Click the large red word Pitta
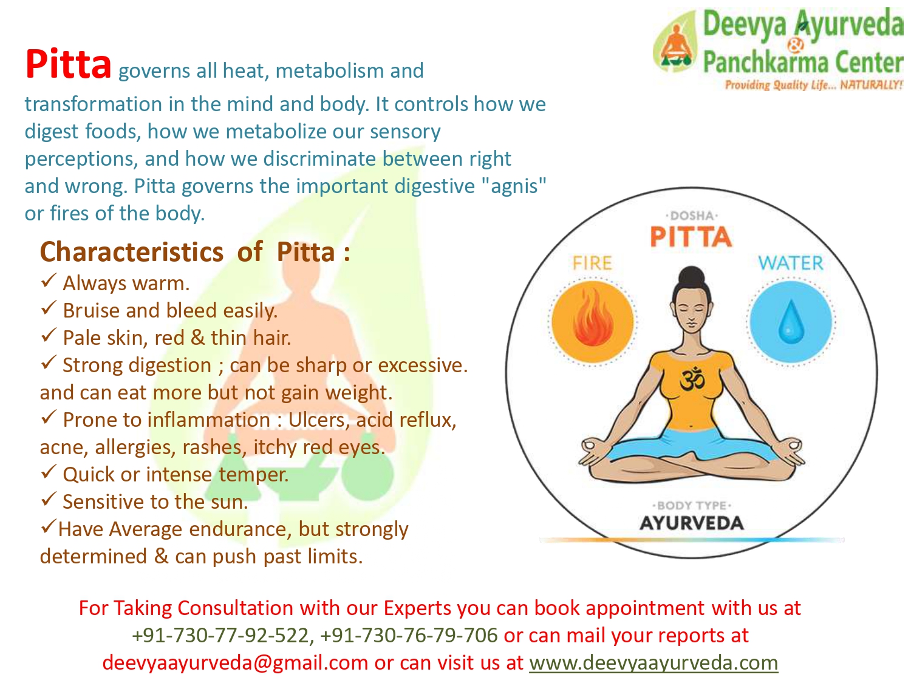(68, 64)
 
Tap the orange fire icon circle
(593, 322)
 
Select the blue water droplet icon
(791, 322)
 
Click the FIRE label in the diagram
(592, 263)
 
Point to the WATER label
(791, 263)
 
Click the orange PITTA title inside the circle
(691, 236)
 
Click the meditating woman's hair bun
(691, 276)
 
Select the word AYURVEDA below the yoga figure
(691, 523)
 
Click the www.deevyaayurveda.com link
(653, 663)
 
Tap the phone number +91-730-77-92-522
(220, 635)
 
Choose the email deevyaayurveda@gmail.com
(235, 663)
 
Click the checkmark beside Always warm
(49, 280)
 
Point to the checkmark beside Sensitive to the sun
(49, 499)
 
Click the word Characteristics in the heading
(132, 252)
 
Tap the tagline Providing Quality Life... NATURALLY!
(813, 85)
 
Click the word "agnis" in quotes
(514, 186)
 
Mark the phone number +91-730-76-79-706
(409, 635)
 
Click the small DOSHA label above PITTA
(691, 216)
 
